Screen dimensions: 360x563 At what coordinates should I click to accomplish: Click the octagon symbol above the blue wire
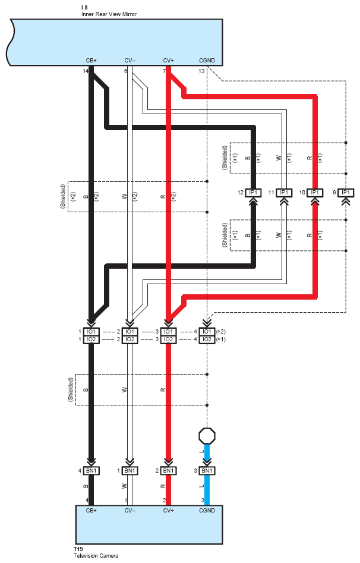point(207,436)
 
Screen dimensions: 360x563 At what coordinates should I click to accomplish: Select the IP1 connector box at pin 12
point(254,193)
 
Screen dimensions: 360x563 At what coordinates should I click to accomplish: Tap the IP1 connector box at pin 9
point(346,193)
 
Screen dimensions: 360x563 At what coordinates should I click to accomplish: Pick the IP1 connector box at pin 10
point(315,193)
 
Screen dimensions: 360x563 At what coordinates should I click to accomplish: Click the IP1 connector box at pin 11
point(284,193)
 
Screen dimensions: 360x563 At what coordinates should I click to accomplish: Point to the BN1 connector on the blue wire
point(207,470)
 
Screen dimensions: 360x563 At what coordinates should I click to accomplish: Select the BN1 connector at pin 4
point(91,470)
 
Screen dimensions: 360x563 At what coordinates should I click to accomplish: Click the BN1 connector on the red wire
point(168,470)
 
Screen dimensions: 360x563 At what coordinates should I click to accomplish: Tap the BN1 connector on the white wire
point(130,470)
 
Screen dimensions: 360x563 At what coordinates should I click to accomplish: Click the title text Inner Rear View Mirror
point(109,14)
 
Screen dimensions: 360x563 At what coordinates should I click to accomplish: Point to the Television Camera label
point(96,556)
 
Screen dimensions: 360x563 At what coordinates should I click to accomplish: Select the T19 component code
point(78,549)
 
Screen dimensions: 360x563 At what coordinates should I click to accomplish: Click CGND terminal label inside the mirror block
point(207,60)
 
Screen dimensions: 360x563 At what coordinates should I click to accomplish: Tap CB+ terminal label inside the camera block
point(91,510)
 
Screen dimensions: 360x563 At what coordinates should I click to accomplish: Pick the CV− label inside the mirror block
point(130,60)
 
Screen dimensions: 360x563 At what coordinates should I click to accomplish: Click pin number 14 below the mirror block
point(86,71)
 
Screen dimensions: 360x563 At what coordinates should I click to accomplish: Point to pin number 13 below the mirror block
point(201,71)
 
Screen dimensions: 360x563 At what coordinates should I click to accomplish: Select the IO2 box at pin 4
point(207,339)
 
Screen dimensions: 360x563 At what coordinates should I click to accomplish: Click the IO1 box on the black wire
point(91,332)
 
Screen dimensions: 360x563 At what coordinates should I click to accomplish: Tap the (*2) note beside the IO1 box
point(221,332)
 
